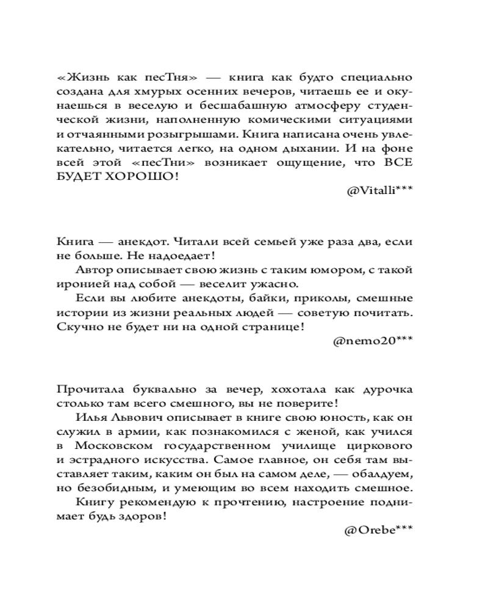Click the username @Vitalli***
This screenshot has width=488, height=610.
tap(379, 190)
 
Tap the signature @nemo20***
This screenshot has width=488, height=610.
tap(373, 342)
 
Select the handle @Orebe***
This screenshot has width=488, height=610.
tap(378, 530)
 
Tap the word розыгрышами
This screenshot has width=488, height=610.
tap(190, 134)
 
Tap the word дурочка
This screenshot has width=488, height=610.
tap(382, 390)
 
